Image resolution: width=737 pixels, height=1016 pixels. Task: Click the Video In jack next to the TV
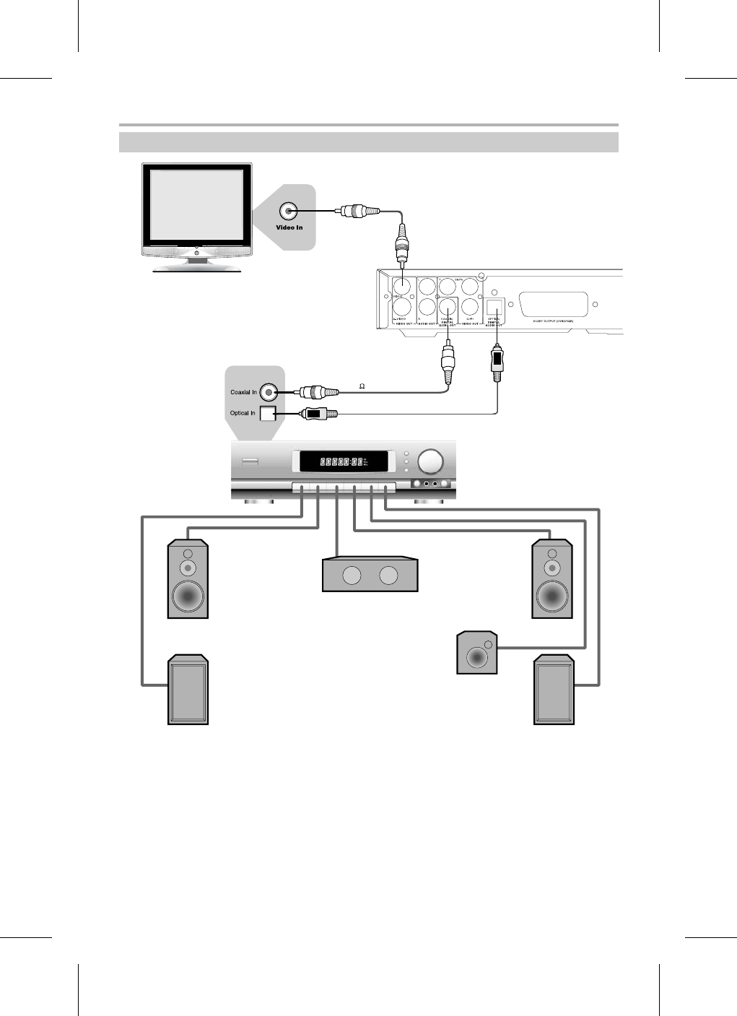click(289, 211)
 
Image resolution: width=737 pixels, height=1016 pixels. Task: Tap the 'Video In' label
click(289, 227)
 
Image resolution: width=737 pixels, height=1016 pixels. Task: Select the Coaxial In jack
click(269, 392)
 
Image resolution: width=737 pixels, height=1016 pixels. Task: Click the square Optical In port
click(268, 414)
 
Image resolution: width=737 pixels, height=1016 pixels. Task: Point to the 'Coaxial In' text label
click(243, 392)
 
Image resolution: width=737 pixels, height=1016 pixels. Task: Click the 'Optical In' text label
click(243, 414)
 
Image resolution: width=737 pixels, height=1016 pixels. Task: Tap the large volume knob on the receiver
click(432, 461)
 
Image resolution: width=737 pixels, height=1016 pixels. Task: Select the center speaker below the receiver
click(370, 575)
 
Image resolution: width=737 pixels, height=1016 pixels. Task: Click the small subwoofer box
click(477, 654)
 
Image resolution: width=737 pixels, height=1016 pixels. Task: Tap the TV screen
click(196, 205)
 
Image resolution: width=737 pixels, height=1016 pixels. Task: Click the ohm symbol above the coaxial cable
click(362, 387)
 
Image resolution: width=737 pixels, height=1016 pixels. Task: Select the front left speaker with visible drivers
click(188, 579)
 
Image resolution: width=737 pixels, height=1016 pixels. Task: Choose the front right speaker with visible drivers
click(552, 579)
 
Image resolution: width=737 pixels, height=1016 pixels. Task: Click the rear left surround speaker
click(188, 690)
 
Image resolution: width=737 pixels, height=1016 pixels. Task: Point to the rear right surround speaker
click(554, 690)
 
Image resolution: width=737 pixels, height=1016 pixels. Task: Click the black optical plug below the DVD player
click(496, 361)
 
